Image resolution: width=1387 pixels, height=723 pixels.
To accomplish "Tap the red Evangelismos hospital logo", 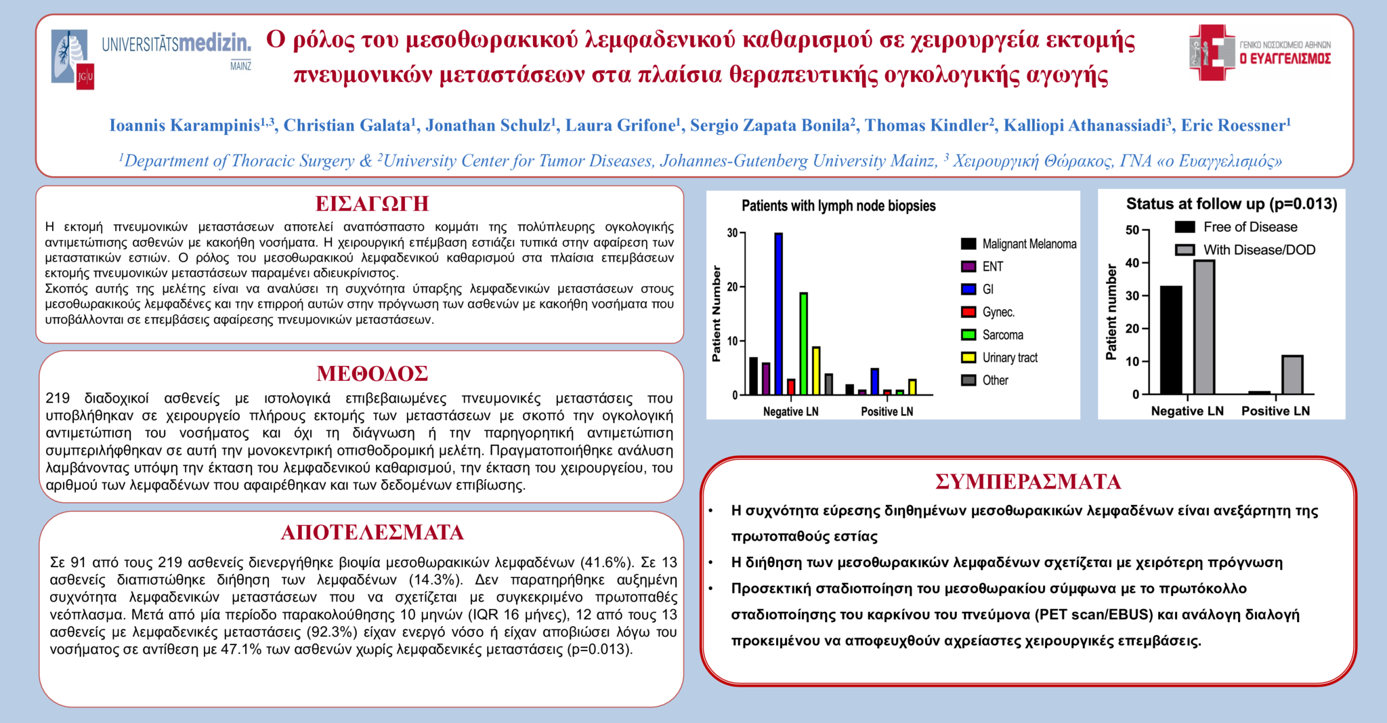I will click(1212, 53).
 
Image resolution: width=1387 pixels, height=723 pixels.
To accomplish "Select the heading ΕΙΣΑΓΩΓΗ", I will click(372, 204).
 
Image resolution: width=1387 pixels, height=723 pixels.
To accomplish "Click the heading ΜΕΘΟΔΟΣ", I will click(372, 373).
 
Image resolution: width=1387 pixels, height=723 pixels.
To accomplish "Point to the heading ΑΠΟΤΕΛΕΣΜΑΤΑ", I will click(372, 533).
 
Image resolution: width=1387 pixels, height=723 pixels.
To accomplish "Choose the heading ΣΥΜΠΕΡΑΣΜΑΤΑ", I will click(1027, 482).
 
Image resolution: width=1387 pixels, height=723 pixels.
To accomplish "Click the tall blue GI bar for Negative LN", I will click(779, 314).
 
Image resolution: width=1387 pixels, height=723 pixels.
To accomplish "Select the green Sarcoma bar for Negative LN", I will click(804, 344).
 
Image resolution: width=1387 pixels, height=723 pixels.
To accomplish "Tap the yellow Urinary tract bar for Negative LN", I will click(816, 371).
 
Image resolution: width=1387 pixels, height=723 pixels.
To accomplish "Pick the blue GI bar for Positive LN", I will click(875, 381).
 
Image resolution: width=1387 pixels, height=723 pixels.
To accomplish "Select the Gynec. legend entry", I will click(998, 312).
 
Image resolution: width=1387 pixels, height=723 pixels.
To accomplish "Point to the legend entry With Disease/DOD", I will click(1258, 250).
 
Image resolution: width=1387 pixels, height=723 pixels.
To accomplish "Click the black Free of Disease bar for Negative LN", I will click(1171, 340).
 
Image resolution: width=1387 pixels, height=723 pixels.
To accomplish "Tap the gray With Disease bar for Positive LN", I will click(1292, 375).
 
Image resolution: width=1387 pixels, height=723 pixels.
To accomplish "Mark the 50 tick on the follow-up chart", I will click(1132, 230).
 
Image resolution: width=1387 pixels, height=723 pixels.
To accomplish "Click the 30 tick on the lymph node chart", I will click(732, 233).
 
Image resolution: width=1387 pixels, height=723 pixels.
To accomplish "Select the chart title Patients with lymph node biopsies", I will click(838, 206).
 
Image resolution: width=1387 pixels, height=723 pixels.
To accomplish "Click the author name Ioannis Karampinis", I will click(184, 125).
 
